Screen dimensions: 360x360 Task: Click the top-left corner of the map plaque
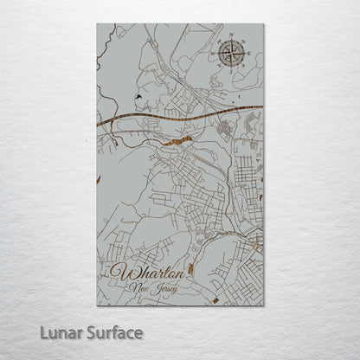[97, 23]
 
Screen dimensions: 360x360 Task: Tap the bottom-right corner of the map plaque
[264, 305]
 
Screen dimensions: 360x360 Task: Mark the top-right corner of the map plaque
[264, 23]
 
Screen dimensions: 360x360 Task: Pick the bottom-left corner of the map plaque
[97, 305]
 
